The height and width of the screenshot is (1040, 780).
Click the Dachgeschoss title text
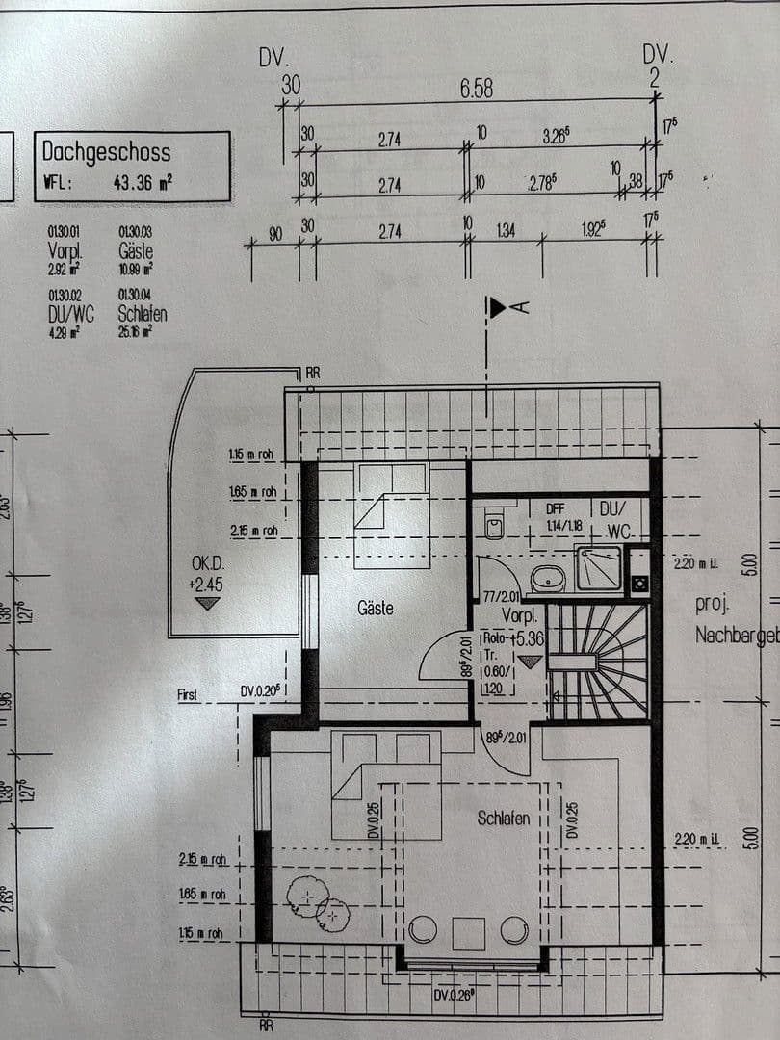tap(106, 152)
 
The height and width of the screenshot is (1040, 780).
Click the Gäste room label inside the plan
tap(376, 609)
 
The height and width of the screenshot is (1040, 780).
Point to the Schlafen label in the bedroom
tap(504, 819)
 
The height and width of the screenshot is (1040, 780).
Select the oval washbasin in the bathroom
tap(549, 578)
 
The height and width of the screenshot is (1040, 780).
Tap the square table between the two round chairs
tap(468, 933)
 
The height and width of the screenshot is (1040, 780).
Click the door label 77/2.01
tap(497, 598)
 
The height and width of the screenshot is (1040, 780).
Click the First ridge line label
tap(187, 694)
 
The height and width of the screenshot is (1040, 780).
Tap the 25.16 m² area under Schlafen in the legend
tap(136, 331)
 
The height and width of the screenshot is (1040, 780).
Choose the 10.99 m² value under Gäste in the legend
tap(136, 269)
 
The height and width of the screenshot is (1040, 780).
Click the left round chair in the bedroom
tap(423, 929)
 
